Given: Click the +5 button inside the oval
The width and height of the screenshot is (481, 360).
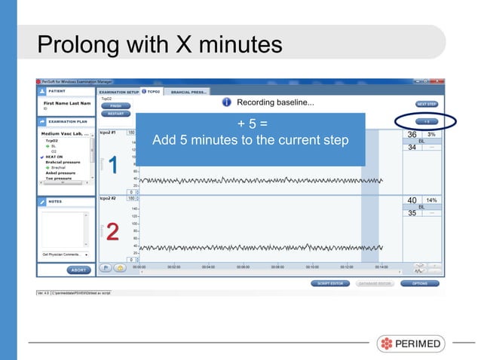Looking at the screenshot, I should pos(425,121).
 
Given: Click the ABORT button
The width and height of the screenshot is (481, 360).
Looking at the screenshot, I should pos(76,270).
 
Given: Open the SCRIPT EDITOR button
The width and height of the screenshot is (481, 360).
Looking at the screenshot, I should pos(308,284).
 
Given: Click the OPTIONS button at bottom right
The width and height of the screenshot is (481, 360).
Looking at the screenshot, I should pos(420,284).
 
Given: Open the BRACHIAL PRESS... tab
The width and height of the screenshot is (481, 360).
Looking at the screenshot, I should pos(189,93).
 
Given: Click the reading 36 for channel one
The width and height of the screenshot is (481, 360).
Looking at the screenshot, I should pos(412,136).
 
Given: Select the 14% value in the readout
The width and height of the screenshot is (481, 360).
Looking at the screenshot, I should pos(432,200).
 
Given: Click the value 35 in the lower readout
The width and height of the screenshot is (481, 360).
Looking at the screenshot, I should pos(412,213).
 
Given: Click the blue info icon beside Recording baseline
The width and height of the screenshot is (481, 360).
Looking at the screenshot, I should pos(225,102).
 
